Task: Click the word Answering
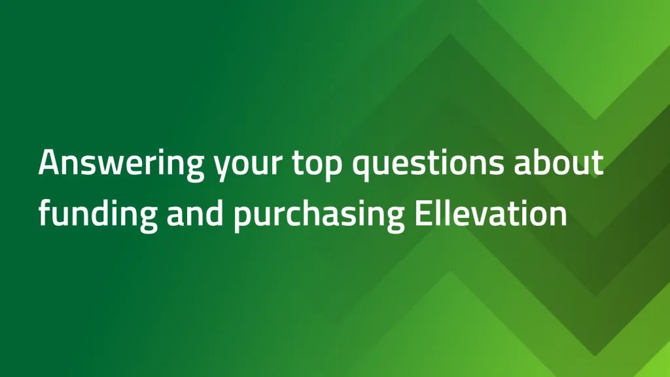pos(121,162)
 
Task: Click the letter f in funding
pos(44,213)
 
